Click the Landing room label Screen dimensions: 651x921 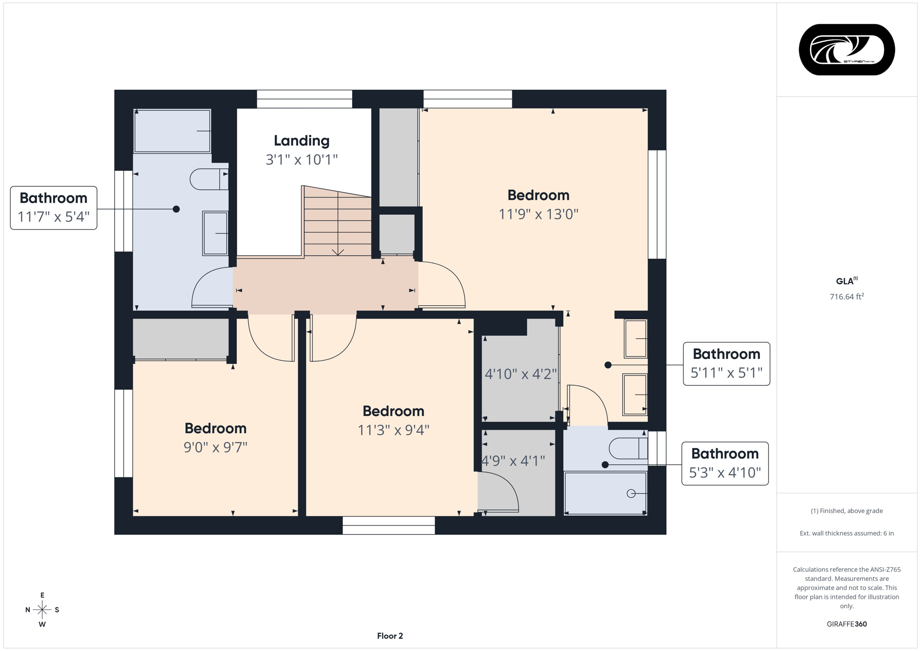tap(301, 141)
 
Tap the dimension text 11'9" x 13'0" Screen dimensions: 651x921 tap(538, 214)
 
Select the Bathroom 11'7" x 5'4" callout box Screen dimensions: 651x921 tap(54, 208)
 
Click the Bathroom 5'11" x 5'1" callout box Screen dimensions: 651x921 tap(726, 363)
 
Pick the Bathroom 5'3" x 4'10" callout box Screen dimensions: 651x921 tap(724, 463)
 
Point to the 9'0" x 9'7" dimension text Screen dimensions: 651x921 tap(215, 447)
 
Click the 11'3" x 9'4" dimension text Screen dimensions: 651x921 tap(393, 430)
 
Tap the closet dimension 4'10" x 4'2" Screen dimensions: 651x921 tap(520, 374)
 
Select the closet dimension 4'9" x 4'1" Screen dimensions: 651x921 tap(513, 461)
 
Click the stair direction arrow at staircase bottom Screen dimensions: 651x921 tap(338, 252)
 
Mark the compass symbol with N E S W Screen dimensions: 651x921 tap(42, 610)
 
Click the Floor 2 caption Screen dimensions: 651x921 tap(390, 636)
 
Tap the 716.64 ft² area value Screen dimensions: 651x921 tap(846, 297)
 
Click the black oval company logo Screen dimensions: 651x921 tap(846, 49)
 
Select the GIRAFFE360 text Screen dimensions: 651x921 tap(846, 624)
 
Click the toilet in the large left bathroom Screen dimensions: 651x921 tap(209, 179)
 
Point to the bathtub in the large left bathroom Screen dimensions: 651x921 tap(172, 131)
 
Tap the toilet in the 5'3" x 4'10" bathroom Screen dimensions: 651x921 tap(628, 448)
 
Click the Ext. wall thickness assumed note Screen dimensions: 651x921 tap(846, 533)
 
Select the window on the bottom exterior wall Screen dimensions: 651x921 tap(389, 525)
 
